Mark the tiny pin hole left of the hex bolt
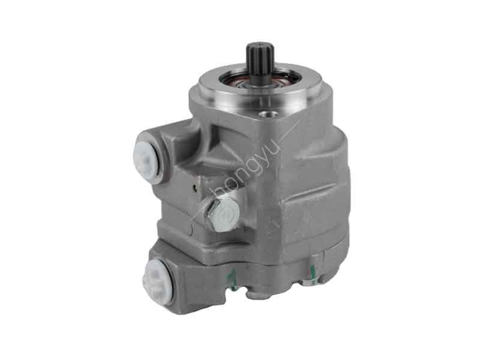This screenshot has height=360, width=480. click(196, 188)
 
